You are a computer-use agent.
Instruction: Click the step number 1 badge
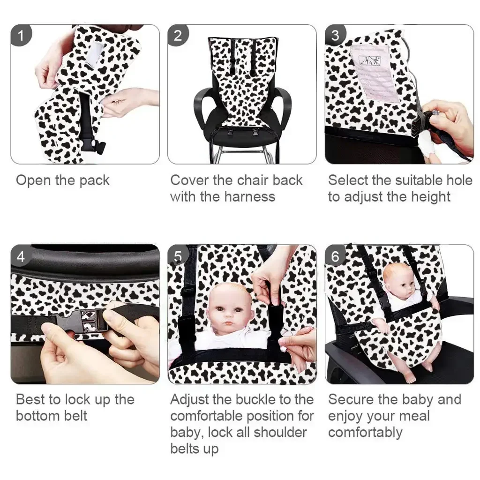point(21,36)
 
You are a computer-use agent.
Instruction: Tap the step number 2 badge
point(178,36)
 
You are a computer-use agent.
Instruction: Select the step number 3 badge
point(335,36)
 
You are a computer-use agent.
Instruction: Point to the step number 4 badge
point(21,256)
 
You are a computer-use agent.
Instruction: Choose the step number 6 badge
point(335,256)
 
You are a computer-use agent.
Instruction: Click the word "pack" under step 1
point(94,181)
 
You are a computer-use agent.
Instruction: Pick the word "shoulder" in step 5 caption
point(280,432)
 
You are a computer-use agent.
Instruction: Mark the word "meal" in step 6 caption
point(415,416)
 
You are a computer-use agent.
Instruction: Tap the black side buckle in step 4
point(81,320)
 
